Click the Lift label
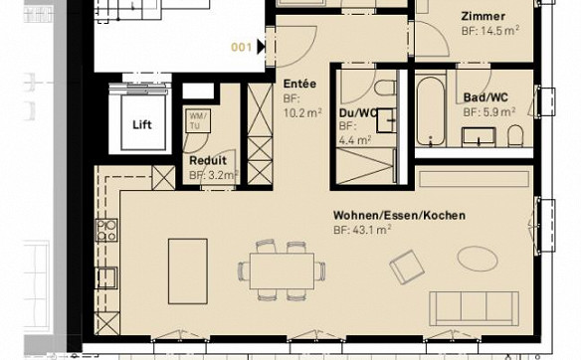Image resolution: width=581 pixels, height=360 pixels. tap(142, 124)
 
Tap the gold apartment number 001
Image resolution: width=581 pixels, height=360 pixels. tap(241, 48)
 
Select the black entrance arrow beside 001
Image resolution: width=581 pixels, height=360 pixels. tap(262, 47)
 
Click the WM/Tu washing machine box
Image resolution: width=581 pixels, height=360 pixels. tap(199, 120)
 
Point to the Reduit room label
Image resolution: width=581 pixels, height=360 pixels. tap(208, 161)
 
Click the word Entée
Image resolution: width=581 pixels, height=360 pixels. tap(299, 84)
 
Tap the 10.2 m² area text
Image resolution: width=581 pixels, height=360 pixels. tap(302, 112)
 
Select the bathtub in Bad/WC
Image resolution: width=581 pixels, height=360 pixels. tap(430, 111)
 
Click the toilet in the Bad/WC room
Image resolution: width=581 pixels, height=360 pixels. tap(515, 135)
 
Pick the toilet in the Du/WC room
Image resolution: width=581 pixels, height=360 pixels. tap(385, 89)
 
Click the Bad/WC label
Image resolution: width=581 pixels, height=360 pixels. tap(485, 97)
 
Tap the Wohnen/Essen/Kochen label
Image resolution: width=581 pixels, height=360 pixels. tap(399, 215)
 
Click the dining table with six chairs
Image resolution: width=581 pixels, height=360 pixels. tap(282, 270)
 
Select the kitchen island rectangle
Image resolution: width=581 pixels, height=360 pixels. tap(188, 271)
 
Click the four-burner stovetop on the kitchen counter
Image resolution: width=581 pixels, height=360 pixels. tap(106, 230)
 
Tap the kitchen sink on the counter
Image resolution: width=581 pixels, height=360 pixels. tap(106, 277)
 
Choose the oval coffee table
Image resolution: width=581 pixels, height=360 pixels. tap(478, 259)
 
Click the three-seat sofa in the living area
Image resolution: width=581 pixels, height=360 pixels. tap(474, 308)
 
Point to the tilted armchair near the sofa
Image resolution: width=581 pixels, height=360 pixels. tap(407, 268)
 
